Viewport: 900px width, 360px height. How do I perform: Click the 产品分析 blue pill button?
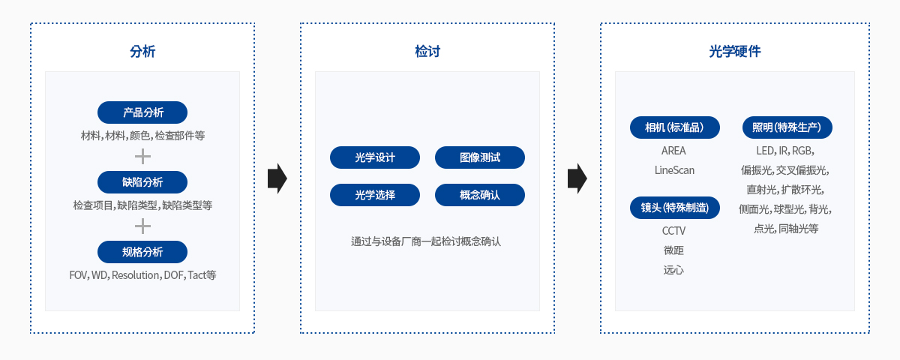coord(142,112)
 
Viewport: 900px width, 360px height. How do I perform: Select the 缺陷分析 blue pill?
coord(142,182)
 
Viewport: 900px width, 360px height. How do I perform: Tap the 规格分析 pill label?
coord(142,252)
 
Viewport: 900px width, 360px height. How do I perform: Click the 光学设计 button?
coord(375,157)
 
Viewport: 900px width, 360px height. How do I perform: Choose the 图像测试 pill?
coord(480,157)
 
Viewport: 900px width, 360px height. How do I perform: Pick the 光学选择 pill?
coord(375,195)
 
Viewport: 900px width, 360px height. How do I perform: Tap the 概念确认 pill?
coord(480,195)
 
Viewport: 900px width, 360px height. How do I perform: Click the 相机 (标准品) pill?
coord(674,127)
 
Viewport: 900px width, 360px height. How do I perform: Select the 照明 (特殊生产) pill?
coord(787,127)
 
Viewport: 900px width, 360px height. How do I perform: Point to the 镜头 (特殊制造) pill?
coord(674,208)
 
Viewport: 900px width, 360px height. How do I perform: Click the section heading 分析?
coord(142,52)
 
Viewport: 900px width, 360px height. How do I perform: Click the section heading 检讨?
coord(427,52)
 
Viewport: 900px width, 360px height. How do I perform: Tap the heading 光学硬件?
coord(735,52)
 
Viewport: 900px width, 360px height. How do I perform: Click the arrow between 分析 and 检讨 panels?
coord(277,178)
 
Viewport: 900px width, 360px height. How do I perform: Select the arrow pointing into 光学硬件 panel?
coord(577,178)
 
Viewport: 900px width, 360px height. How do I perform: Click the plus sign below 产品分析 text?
coord(142,157)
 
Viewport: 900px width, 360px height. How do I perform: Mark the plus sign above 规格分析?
coord(142,226)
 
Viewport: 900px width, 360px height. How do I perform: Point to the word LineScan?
coord(674,170)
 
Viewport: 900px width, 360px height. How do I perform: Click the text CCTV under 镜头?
coord(673,231)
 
